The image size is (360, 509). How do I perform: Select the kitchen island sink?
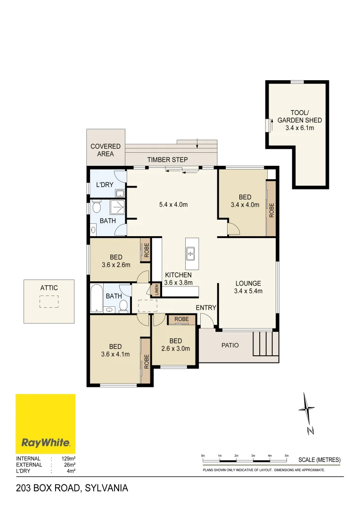point(191,254)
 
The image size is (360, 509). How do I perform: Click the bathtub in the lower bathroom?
point(97,298)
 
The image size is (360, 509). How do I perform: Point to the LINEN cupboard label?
point(156,290)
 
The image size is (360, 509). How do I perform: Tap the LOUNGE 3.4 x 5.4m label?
point(248,287)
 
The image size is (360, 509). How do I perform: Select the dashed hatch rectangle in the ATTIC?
point(49,302)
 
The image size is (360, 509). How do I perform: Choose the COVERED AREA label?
point(106,150)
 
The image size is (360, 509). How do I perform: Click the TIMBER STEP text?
point(167,160)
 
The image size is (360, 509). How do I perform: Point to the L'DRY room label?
point(105,185)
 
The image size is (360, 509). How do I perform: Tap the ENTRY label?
point(206,308)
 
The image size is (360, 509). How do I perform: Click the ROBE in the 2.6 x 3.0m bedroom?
point(181,320)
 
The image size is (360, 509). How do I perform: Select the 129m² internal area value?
point(68,459)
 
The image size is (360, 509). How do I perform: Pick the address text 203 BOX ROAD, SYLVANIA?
point(72,488)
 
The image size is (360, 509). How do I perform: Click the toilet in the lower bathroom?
point(123,306)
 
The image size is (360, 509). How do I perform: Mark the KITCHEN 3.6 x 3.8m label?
point(178,279)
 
